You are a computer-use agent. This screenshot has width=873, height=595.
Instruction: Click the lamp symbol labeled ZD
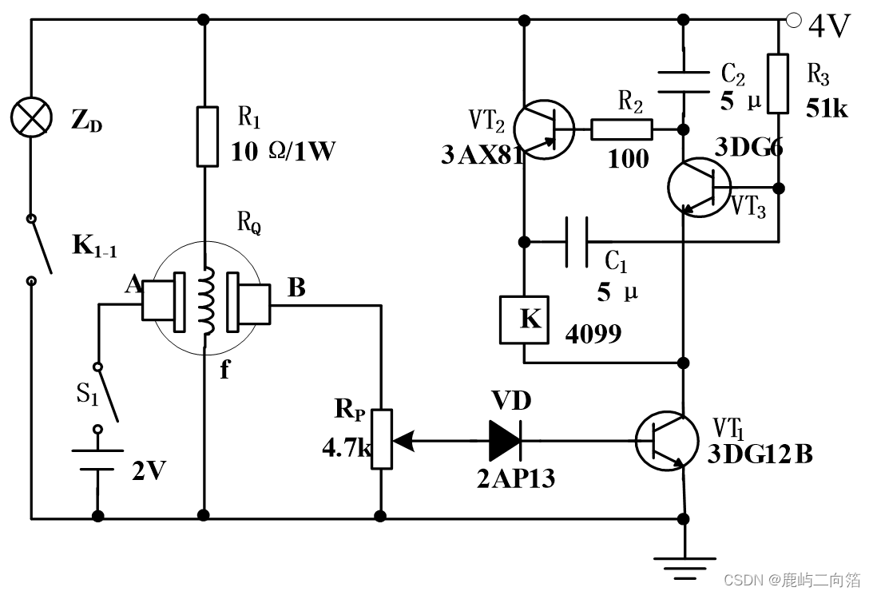click(x=32, y=117)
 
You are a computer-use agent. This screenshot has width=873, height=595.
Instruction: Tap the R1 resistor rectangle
click(x=207, y=137)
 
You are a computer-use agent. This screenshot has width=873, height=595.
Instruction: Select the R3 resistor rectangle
click(x=778, y=84)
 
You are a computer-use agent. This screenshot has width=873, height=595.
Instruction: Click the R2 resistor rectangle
click(x=621, y=129)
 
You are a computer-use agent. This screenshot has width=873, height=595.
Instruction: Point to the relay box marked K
click(x=524, y=319)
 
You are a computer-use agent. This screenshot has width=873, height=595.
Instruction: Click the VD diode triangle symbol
click(x=505, y=440)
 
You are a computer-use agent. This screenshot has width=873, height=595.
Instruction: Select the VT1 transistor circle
click(x=666, y=441)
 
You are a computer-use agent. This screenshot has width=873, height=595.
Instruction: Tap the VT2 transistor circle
click(x=543, y=129)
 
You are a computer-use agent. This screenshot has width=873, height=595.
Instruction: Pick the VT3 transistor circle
click(x=700, y=188)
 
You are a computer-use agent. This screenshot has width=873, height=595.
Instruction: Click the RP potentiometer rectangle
click(x=382, y=439)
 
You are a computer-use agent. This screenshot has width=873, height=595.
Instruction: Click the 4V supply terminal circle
click(x=793, y=20)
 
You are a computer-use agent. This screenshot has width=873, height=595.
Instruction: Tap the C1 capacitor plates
click(x=577, y=242)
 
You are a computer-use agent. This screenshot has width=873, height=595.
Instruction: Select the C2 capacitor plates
click(x=684, y=81)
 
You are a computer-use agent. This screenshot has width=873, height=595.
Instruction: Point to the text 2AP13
click(x=515, y=478)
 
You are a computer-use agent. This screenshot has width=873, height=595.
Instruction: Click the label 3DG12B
click(x=760, y=454)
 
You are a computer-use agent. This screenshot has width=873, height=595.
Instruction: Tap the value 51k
click(x=827, y=109)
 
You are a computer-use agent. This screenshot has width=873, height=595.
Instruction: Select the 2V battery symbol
click(x=97, y=460)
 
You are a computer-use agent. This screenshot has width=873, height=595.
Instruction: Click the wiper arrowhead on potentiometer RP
click(x=403, y=440)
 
